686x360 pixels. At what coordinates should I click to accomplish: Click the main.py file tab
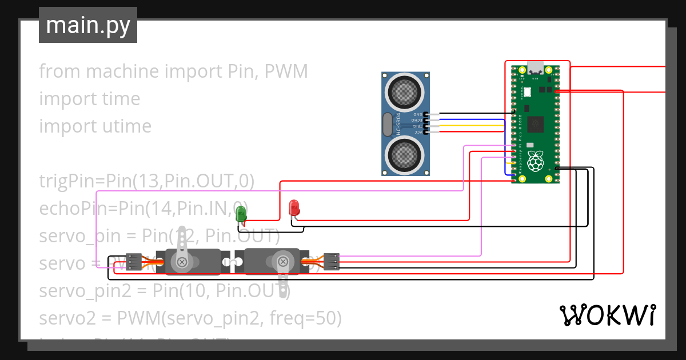[x=87, y=25]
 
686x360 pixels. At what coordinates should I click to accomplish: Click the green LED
[x=241, y=214]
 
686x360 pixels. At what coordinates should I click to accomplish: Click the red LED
[x=294, y=208]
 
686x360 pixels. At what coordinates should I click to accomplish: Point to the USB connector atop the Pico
[x=536, y=67]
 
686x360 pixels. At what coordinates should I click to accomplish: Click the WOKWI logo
[x=607, y=315]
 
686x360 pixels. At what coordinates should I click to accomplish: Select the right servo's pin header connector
[x=331, y=261]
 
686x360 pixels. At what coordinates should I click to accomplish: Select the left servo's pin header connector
[x=134, y=261]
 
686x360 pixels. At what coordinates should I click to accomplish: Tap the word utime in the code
[x=126, y=126]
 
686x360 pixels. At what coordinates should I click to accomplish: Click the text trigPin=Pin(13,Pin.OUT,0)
[x=146, y=181]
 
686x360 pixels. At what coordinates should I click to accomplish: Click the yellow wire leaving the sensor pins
[x=469, y=126]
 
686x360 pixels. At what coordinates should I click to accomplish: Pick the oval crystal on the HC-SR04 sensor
[x=388, y=124]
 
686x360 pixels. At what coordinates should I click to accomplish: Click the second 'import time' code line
[x=89, y=99]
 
